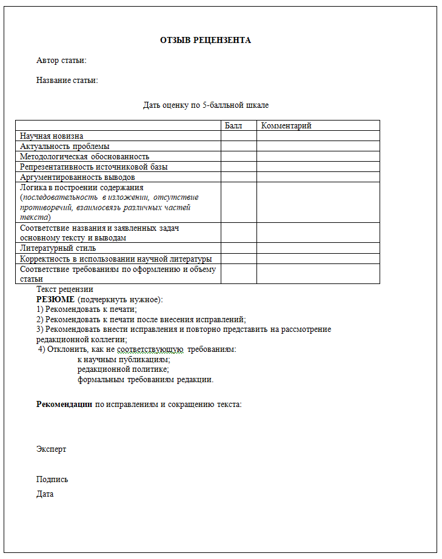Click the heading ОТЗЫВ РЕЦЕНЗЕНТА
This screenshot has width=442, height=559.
[x=205, y=41]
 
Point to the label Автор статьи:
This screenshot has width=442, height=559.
[x=61, y=61]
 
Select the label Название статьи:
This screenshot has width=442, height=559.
[x=67, y=80]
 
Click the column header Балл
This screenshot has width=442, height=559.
[x=233, y=125]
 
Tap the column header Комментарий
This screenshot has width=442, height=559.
[x=286, y=125]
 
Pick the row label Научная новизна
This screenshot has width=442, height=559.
[x=52, y=136]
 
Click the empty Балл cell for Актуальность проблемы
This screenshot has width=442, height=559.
[x=238, y=146]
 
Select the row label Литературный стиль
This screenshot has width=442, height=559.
[x=58, y=248]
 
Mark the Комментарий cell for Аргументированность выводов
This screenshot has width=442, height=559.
[x=318, y=177]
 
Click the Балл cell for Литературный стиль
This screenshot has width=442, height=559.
[x=238, y=248]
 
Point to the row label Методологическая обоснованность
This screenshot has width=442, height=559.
[x=84, y=156]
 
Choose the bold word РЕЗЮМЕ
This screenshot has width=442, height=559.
[x=55, y=299]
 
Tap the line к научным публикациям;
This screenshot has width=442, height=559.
[x=124, y=359]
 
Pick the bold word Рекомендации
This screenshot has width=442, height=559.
[x=64, y=404]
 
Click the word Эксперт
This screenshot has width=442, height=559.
[x=51, y=449]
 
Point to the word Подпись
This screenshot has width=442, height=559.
[x=52, y=479]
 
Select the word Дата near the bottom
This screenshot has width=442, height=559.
[x=45, y=494]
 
